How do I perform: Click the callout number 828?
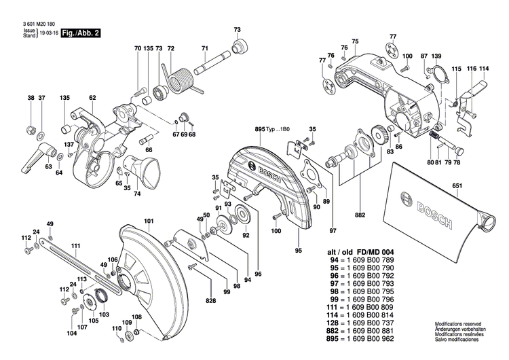[211, 300]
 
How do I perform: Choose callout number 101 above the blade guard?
[149, 221]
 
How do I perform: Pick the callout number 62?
[92, 98]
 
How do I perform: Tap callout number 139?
[437, 55]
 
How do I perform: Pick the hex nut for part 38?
[31, 128]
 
